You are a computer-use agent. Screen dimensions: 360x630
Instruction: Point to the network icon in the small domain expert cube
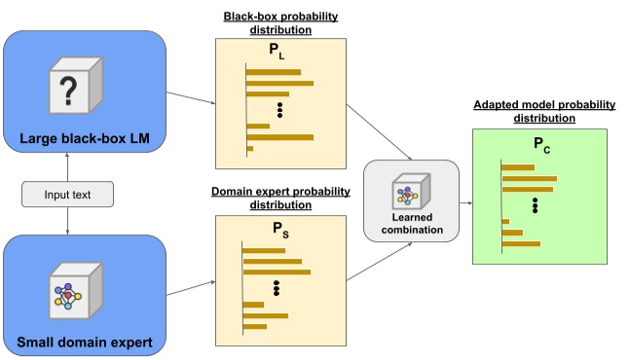click(x=67, y=290)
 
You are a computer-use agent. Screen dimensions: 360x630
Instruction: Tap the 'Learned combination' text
click(x=410, y=223)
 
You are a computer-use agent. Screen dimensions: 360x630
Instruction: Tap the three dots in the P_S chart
click(x=278, y=288)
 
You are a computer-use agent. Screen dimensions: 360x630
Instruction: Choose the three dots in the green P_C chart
click(x=535, y=205)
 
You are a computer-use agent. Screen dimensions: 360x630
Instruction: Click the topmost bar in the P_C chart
click(x=518, y=167)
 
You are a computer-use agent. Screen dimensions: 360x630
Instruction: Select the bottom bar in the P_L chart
click(x=250, y=149)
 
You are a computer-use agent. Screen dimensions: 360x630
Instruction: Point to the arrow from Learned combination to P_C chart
click(x=465, y=203)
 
